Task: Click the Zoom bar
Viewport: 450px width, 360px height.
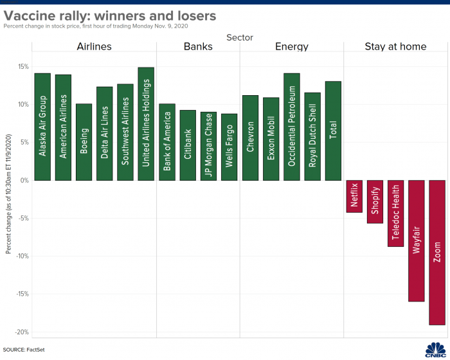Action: pos(437,252)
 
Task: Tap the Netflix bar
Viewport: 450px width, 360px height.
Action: pos(354,196)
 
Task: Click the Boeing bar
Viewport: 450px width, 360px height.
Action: pos(84,141)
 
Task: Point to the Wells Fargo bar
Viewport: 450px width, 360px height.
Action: pos(230,147)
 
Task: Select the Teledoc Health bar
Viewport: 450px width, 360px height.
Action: pos(396,213)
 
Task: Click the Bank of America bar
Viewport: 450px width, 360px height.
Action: pos(167,141)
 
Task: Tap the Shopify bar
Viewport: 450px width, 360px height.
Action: pos(375,201)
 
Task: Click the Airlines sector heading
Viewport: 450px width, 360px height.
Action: pos(94,46)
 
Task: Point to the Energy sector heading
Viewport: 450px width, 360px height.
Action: pos(291,46)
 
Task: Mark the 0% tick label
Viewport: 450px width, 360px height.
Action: pos(24,181)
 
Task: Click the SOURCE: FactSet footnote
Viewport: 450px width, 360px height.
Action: pos(24,350)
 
